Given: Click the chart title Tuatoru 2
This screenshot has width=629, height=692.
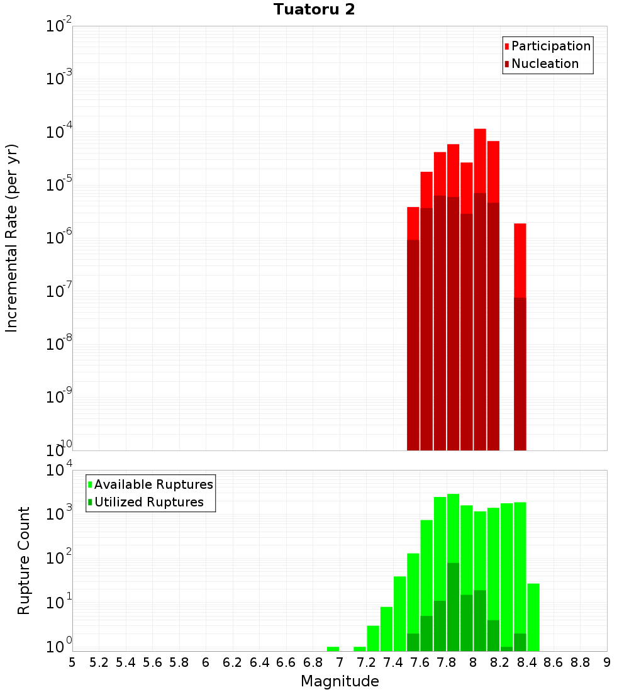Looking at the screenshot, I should point(314,10).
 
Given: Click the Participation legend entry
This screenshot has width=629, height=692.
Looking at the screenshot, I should point(550,46).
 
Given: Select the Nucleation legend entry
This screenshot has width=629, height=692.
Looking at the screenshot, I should point(544,64).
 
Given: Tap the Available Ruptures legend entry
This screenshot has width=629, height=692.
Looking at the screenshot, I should point(153,484).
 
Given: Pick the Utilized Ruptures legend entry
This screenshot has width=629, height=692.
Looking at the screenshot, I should point(148,502).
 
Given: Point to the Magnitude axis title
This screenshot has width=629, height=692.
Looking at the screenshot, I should point(340,681).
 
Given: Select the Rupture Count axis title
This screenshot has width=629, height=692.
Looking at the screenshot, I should point(24,561).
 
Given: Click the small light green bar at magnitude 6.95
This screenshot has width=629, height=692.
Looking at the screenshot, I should point(333,649).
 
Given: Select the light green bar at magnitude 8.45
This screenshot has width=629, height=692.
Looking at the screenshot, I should point(533,617).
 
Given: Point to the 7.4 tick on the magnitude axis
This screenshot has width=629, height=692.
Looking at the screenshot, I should point(393,662).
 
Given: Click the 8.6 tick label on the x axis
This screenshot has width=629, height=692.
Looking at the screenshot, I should point(554,662).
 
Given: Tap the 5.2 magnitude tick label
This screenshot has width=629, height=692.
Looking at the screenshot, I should point(99,662).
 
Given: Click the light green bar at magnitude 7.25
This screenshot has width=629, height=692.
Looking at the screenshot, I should point(373,638).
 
